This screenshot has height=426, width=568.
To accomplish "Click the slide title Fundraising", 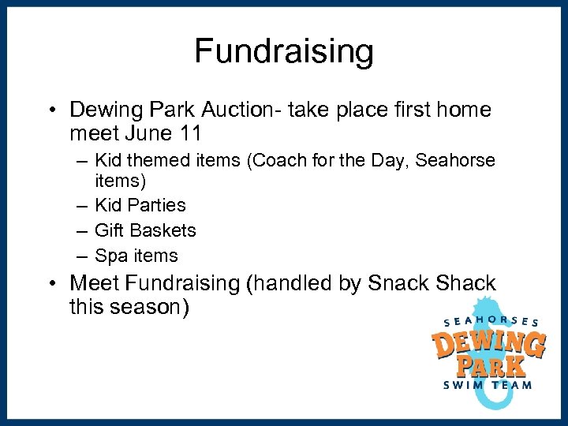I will point(284,52).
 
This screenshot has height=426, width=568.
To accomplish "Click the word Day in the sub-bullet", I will point(393,161).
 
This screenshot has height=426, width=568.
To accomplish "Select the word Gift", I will point(109,230).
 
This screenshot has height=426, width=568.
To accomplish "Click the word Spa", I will point(111,256).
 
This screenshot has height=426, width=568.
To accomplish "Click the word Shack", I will point(467,282).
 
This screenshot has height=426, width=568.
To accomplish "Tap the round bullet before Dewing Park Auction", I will point(52,109).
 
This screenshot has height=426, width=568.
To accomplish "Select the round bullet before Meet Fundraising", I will point(52,282).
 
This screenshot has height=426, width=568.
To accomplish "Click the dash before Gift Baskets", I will point(82,230).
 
